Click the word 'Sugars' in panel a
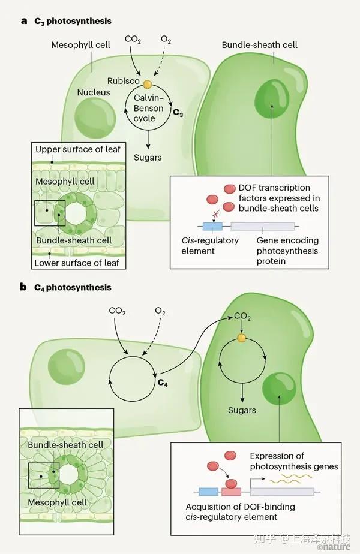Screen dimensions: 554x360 tap(148, 158)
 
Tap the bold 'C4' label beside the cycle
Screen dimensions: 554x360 tap(163, 381)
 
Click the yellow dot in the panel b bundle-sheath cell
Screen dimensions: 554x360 tap(241, 339)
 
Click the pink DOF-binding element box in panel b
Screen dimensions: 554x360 tap(231, 492)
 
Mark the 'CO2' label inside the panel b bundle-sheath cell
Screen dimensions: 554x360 tap(242, 316)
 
